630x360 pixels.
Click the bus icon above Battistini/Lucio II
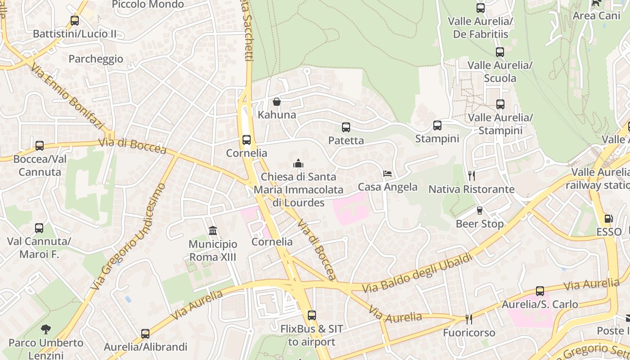75,21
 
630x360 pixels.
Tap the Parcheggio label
96,59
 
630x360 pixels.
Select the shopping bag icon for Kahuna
277,102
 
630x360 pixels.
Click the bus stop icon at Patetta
346,127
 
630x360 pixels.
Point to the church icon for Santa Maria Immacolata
298,163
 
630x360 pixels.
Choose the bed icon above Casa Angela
387,173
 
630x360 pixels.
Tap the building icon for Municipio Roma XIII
213,231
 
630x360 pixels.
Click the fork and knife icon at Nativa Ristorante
471,175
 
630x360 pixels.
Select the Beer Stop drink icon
479,211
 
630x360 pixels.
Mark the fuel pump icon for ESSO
608,219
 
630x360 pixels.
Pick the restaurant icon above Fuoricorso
469,319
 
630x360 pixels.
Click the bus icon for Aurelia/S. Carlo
540,291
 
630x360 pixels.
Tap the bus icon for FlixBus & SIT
311,315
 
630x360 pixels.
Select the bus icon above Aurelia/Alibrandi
145,334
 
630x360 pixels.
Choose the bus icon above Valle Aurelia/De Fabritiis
481,8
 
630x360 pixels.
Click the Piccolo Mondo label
148,4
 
